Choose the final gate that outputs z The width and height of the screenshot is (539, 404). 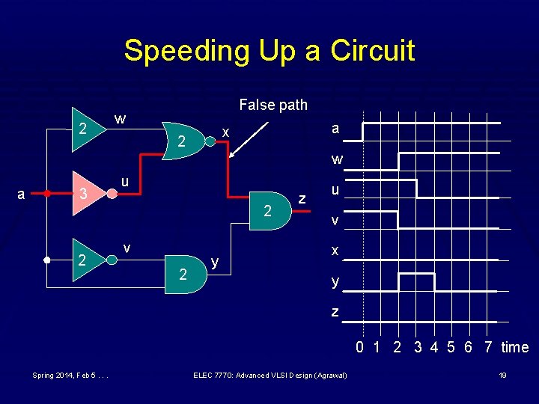(269, 212)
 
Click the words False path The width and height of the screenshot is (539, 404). (272, 105)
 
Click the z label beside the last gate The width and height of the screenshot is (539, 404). (302, 198)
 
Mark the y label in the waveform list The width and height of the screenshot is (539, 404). (335, 282)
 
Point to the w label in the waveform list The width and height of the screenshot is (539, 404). (337, 159)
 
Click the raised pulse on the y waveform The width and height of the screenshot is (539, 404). (416, 275)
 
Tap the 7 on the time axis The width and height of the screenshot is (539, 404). (488, 347)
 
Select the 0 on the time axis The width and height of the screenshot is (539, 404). (360, 347)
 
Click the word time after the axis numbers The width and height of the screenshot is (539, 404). (515, 347)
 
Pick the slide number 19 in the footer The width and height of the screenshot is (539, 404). (503, 375)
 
